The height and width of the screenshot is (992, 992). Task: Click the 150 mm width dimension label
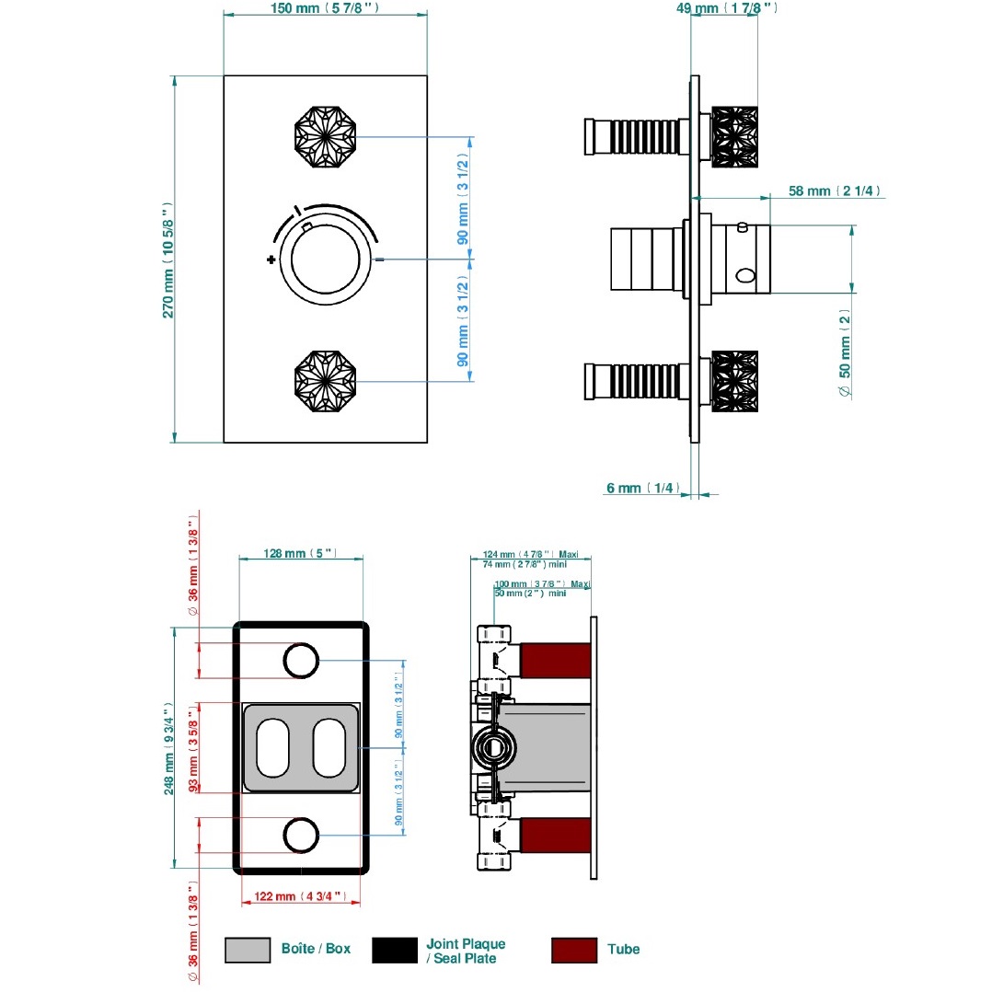pos(326,8)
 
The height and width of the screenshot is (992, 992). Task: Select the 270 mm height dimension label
pos(168,260)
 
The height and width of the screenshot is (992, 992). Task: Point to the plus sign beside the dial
pos(271,260)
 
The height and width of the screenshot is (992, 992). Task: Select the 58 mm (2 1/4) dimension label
pos(835,191)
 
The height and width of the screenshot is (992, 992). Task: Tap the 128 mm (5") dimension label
pos(299,554)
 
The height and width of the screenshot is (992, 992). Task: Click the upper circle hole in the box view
pos(300,660)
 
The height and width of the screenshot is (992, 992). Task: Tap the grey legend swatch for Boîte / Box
pos(248,950)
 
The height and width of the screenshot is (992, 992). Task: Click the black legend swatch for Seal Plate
pos(395,950)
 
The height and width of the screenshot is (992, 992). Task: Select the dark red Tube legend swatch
pos(574,950)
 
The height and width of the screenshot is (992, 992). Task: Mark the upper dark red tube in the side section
pos(555,661)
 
